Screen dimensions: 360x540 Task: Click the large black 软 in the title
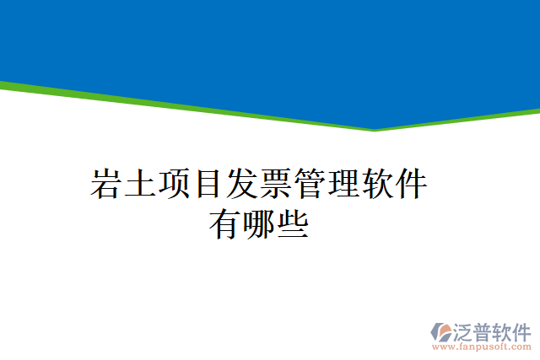coord(376,184)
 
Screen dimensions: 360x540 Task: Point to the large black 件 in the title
coord(411,184)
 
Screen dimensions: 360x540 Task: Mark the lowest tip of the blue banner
coord(375,128)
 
